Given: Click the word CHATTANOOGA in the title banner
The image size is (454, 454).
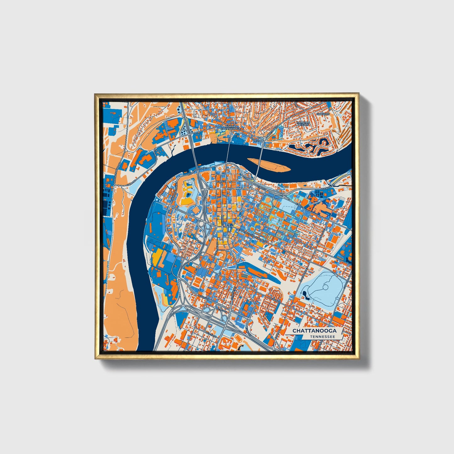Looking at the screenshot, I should point(314,331).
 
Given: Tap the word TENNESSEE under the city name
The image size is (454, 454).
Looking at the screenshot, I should point(322,336).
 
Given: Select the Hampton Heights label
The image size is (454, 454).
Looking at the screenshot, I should point(303,123).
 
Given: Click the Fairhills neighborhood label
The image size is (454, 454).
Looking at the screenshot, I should point(323,114).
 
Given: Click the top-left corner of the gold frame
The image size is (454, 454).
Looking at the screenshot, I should point(95,94).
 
